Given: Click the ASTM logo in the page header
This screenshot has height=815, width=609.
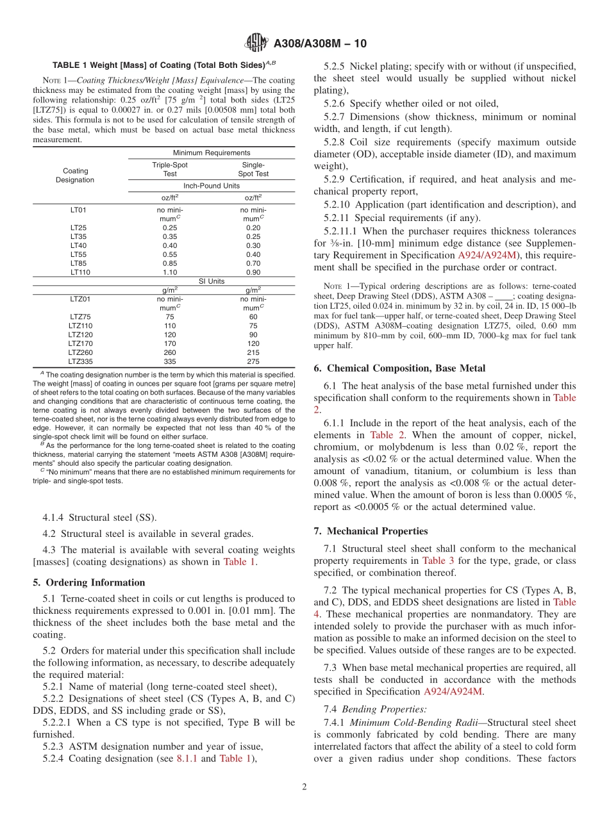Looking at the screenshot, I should pos(257,44).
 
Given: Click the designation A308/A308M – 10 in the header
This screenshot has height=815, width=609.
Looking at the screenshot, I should pos(320,44).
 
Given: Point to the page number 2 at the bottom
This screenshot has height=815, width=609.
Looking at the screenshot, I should pos(304,787).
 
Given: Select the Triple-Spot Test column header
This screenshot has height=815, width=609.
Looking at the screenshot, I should pos(170,169).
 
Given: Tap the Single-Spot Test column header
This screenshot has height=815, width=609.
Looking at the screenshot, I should pos(253,169).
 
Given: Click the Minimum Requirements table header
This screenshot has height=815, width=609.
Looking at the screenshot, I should pos(212,153).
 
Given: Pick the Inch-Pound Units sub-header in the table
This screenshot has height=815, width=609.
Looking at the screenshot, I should pos(212,186).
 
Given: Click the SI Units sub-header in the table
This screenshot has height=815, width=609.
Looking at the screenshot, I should pos(212,281).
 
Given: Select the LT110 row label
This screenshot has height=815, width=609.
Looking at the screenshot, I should pos(78,272).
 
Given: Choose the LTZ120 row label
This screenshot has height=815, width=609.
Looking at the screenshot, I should pos(80,334).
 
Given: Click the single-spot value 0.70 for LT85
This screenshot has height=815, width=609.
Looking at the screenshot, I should pos(253,263).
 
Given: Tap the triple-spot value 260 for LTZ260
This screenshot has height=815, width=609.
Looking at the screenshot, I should pos(170,352).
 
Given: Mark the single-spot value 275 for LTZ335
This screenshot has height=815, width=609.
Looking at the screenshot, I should pos(253,361).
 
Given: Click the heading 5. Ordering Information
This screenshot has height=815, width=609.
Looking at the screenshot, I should pos(89,582).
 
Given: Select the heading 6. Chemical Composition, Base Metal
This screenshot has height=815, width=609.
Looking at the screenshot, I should pos(399,368).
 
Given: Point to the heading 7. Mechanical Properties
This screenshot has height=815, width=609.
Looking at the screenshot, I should pos(371,531).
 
